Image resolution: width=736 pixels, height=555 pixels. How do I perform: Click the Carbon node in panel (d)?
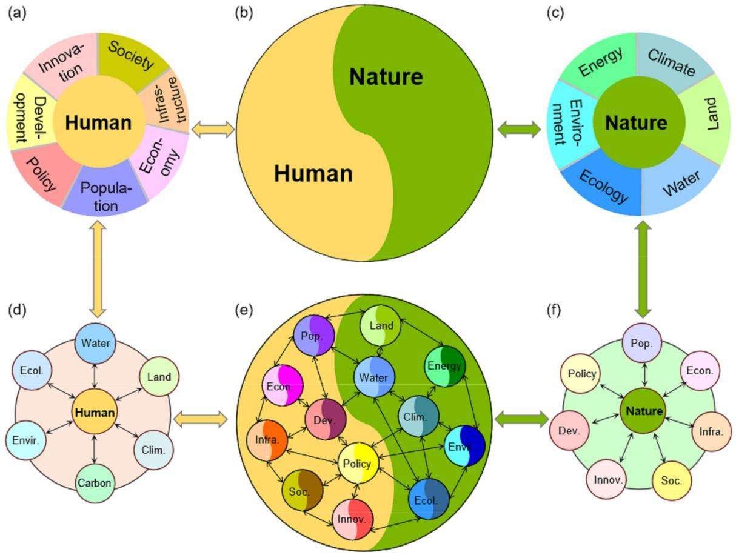pyautogui.click(x=95, y=483)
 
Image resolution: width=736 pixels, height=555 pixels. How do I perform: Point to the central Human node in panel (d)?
pyautogui.click(x=94, y=413)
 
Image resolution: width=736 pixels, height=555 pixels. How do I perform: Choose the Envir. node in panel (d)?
pyautogui.click(x=25, y=440)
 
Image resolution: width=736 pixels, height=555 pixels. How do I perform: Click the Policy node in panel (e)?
pyautogui.click(x=357, y=464)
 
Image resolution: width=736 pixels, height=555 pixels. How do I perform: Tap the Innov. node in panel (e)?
pyautogui.click(x=352, y=519)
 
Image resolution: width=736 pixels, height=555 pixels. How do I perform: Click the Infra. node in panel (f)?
pyautogui.click(x=711, y=431)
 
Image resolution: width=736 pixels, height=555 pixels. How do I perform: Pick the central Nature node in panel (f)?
pyautogui.click(x=644, y=411)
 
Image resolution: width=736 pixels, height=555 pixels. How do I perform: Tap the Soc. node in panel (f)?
pyautogui.click(x=672, y=481)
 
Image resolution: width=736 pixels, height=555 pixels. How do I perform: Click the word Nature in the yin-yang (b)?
pyautogui.click(x=386, y=77)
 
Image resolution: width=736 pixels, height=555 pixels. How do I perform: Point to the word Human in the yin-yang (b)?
pyautogui.click(x=313, y=174)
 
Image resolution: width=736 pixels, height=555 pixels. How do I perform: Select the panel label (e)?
pyautogui.click(x=243, y=310)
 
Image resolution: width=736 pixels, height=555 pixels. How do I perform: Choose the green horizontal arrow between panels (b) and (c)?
pyautogui.click(x=518, y=128)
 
